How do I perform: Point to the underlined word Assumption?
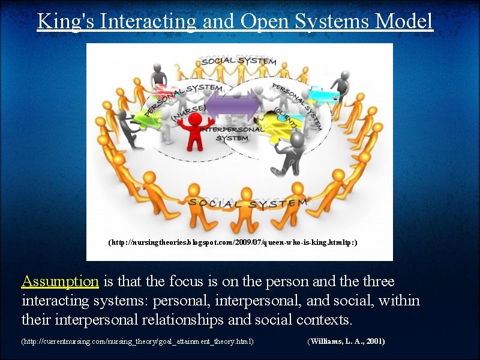click(x=60, y=281)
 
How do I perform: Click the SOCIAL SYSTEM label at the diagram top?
click(x=238, y=61)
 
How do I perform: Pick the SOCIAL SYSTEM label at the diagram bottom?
click(x=247, y=203)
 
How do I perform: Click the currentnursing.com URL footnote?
click(x=137, y=341)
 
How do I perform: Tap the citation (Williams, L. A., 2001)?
click(x=346, y=341)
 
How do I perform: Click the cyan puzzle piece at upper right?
click(x=325, y=94)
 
